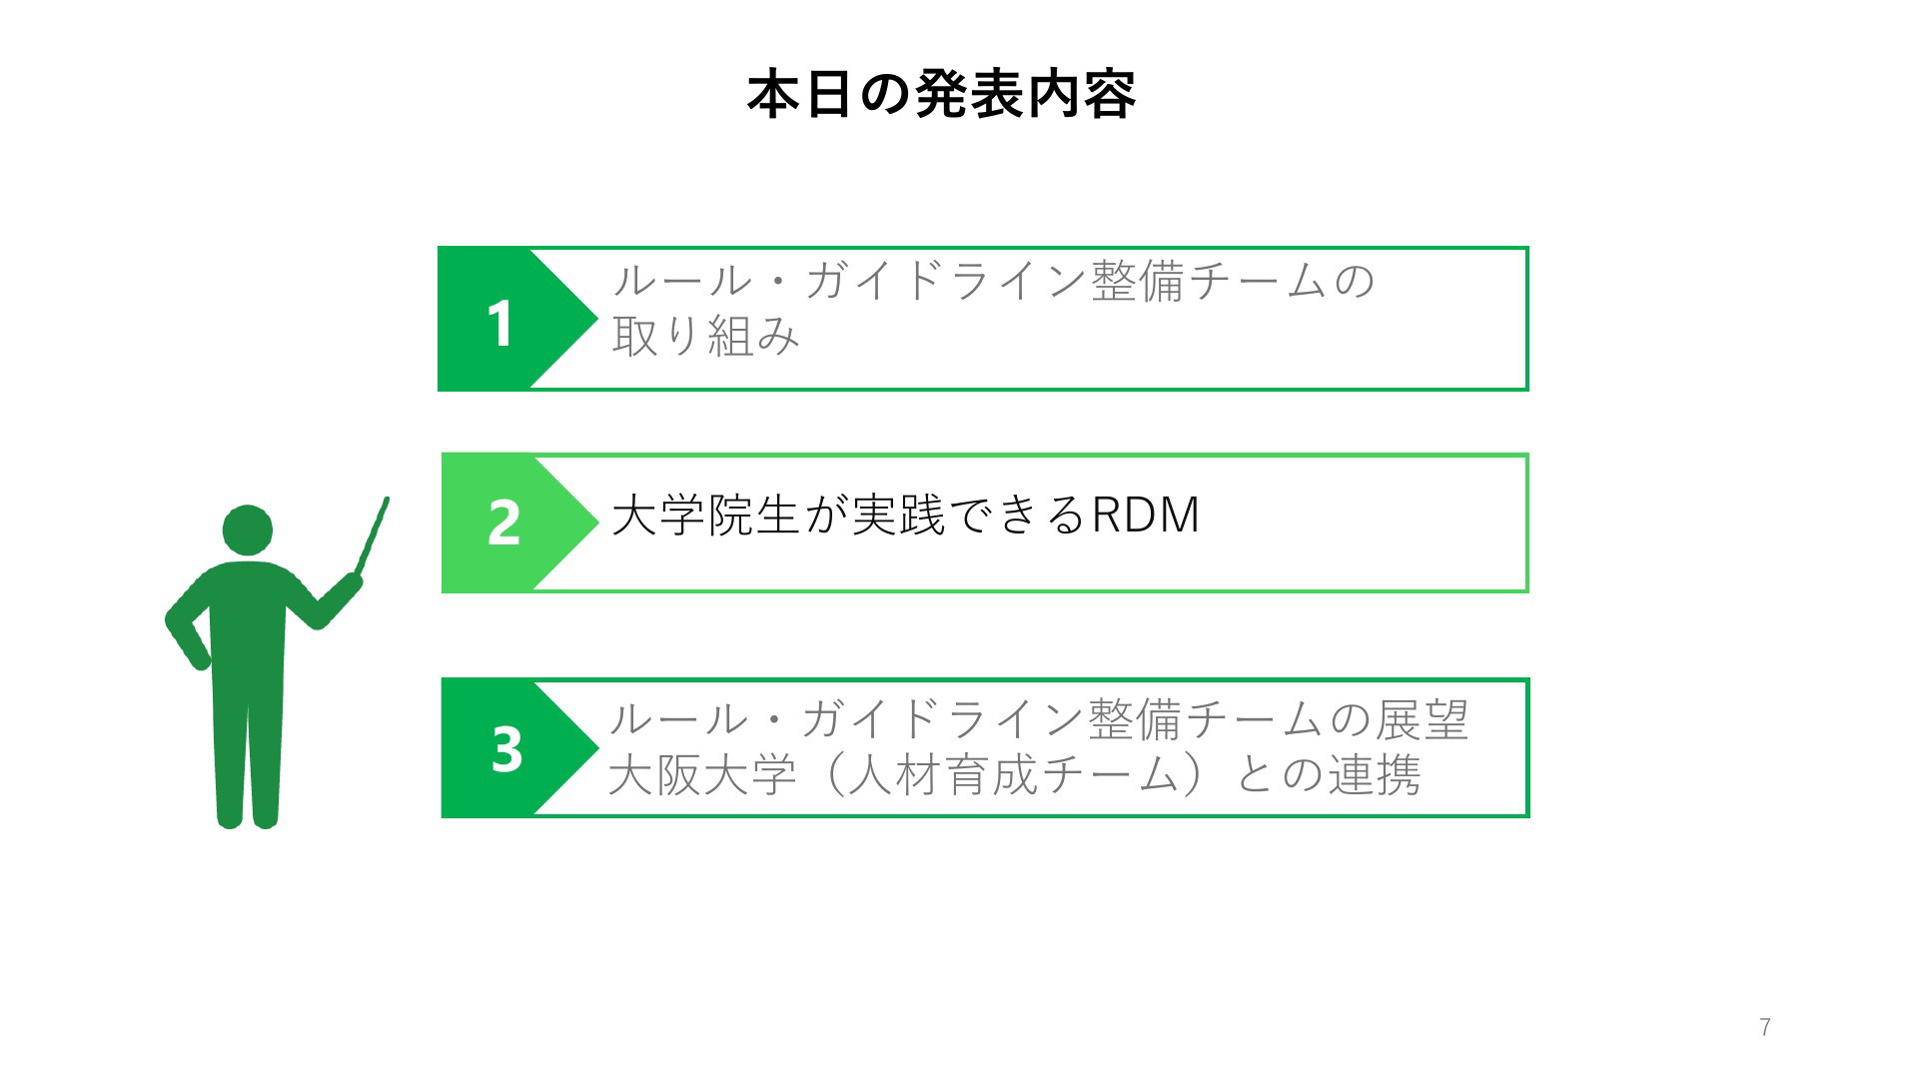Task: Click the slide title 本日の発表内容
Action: point(941,96)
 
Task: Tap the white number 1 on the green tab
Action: point(500,324)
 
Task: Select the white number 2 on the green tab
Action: point(503,523)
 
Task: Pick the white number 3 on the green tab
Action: point(506,748)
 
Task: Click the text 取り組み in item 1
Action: point(706,336)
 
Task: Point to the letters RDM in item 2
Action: point(1145,516)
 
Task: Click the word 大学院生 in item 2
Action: point(705,516)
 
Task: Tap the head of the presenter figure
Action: point(247,531)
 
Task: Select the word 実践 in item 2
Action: point(897,516)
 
